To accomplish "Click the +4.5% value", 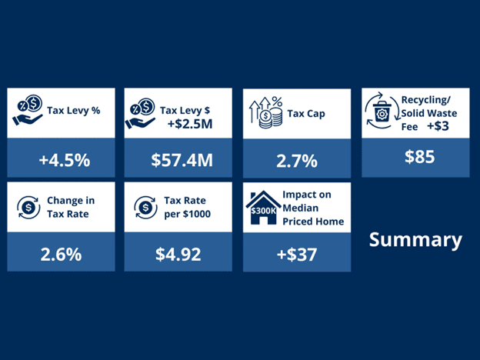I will pos(65,160).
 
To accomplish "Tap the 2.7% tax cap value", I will pos(297,160).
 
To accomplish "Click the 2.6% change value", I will pos(61,254).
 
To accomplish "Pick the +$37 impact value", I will pos(296,254).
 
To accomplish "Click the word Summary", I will pos(415,239).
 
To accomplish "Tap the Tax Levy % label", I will pos(74,110).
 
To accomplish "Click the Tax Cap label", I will pos(306,114).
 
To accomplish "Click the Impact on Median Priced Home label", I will pos(313,208).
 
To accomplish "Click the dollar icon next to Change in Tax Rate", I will pos(28,206).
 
